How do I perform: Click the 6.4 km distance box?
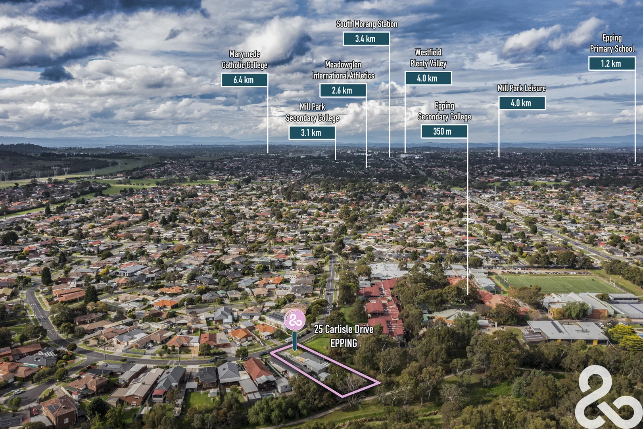(244, 80)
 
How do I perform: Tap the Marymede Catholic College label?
(244, 60)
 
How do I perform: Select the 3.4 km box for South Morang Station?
(366, 39)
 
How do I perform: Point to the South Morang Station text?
(367, 24)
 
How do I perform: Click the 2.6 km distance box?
(343, 91)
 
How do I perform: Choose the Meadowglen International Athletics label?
(343, 70)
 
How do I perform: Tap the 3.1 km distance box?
(312, 133)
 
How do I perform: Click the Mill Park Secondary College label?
(312, 112)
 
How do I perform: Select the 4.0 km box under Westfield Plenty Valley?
(428, 78)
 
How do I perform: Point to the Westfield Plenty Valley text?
(428, 58)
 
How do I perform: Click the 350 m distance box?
(444, 131)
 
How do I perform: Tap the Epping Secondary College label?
(444, 111)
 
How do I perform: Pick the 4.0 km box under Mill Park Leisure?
(522, 103)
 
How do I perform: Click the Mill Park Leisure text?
(522, 88)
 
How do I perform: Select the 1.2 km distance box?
(612, 64)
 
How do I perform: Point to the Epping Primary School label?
(612, 43)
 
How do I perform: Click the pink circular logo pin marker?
(294, 320)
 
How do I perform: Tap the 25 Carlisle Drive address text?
(344, 330)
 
